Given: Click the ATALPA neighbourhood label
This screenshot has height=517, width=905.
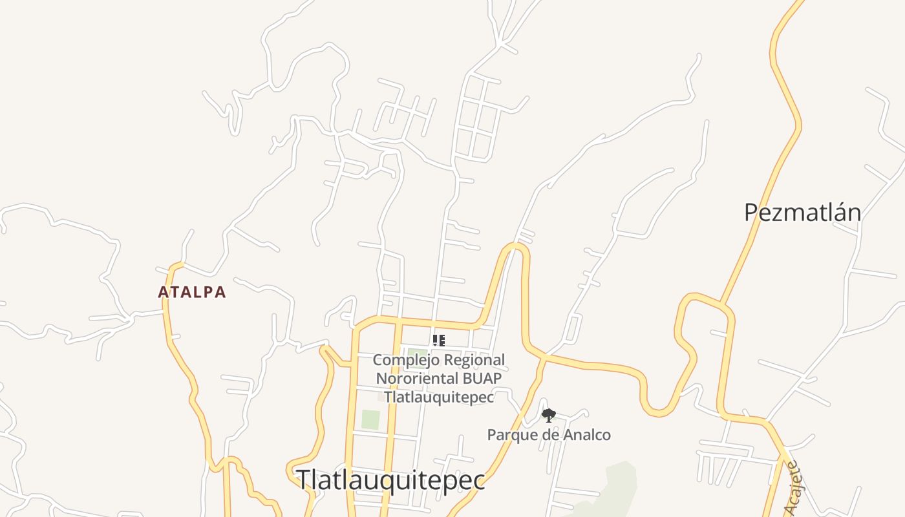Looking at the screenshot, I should point(192,292).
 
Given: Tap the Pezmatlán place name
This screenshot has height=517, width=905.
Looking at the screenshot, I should point(802,213).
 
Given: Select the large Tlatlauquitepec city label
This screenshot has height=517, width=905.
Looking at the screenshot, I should point(390,480).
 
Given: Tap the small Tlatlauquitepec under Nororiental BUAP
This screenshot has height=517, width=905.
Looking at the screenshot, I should point(439,397).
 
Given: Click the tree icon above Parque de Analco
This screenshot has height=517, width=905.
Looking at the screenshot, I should point(548,416).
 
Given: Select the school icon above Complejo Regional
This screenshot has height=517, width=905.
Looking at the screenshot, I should point(438,340).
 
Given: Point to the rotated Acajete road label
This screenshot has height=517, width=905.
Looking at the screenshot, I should point(793,488).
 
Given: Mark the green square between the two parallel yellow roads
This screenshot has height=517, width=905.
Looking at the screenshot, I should point(370,419).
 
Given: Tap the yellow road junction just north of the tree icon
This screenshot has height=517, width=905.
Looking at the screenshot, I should point(545,356).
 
